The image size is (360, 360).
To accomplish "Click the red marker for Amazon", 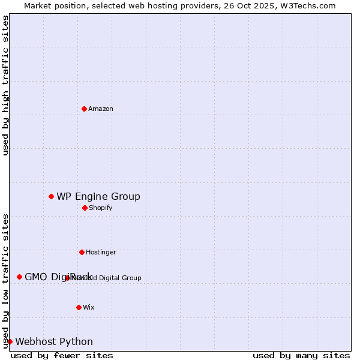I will tap(84, 109).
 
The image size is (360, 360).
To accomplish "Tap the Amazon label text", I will tap(101, 109).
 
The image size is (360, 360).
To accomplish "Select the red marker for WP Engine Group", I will tap(51, 196).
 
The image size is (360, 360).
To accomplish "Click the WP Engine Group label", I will tap(98, 196).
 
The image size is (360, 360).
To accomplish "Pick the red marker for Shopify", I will tap(85, 208).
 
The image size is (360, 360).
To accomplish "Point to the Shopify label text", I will tap(101, 208).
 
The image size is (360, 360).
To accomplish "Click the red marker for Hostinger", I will tap(82, 252).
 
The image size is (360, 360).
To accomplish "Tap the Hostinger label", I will tap(101, 252).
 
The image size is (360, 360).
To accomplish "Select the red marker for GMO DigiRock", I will tap(19, 277).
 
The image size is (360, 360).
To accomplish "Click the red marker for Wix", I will tap(79, 307).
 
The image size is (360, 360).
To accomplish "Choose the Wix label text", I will tap(89, 307).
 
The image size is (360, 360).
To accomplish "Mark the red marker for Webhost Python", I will tap(10, 341).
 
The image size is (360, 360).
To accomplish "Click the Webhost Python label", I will tap(54, 341).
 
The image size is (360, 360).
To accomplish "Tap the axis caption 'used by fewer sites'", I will tap(62, 355).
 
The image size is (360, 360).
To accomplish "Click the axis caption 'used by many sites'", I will tap(301, 355).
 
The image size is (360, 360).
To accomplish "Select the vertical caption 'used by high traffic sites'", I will tap(5, 85).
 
